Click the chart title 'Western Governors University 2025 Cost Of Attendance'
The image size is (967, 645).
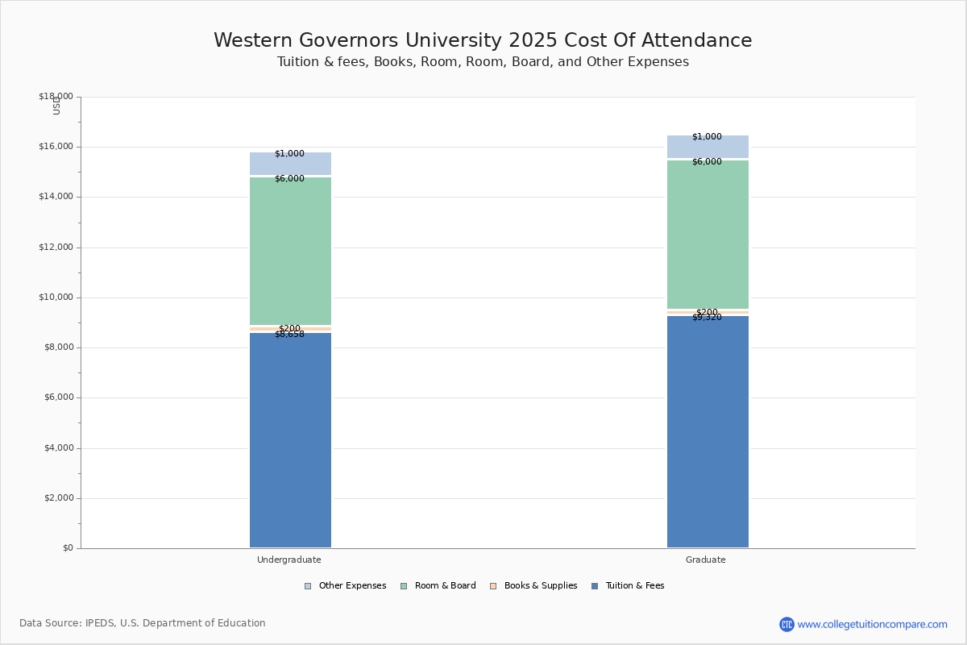pos(483,40)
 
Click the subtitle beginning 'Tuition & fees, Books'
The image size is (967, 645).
pos(483,62)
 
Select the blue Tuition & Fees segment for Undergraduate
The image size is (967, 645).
pos(290,440)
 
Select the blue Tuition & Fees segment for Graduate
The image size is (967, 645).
pos(708,431)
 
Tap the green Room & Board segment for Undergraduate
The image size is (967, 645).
pos(290,251)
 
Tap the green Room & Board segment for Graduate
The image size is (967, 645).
pos(708,234)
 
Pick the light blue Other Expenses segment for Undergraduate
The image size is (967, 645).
pos(290,164)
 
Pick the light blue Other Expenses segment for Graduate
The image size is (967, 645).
pos(708,147)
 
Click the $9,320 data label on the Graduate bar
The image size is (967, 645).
pos(707,318)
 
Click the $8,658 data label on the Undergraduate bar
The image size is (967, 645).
pos(289,335)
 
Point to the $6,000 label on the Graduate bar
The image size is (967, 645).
pos(707,162)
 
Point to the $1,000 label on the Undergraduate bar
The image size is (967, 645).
pos(289,154)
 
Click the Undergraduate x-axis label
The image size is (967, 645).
pos(289,560)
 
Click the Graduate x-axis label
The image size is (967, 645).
pos(706,560)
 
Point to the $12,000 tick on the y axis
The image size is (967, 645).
pos(56,248)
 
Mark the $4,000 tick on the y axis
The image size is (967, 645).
pos(58,448)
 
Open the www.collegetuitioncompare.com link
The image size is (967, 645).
pos(872,624)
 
